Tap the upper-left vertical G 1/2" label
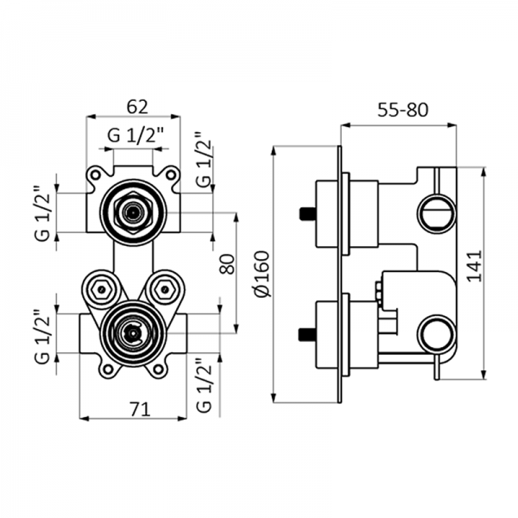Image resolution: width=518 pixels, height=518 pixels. point(43,213)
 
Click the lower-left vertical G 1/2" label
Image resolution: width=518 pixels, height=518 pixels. point(43,337)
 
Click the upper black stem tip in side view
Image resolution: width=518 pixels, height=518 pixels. point(306,212)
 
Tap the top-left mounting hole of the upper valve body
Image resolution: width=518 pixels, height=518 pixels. point(94,175)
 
